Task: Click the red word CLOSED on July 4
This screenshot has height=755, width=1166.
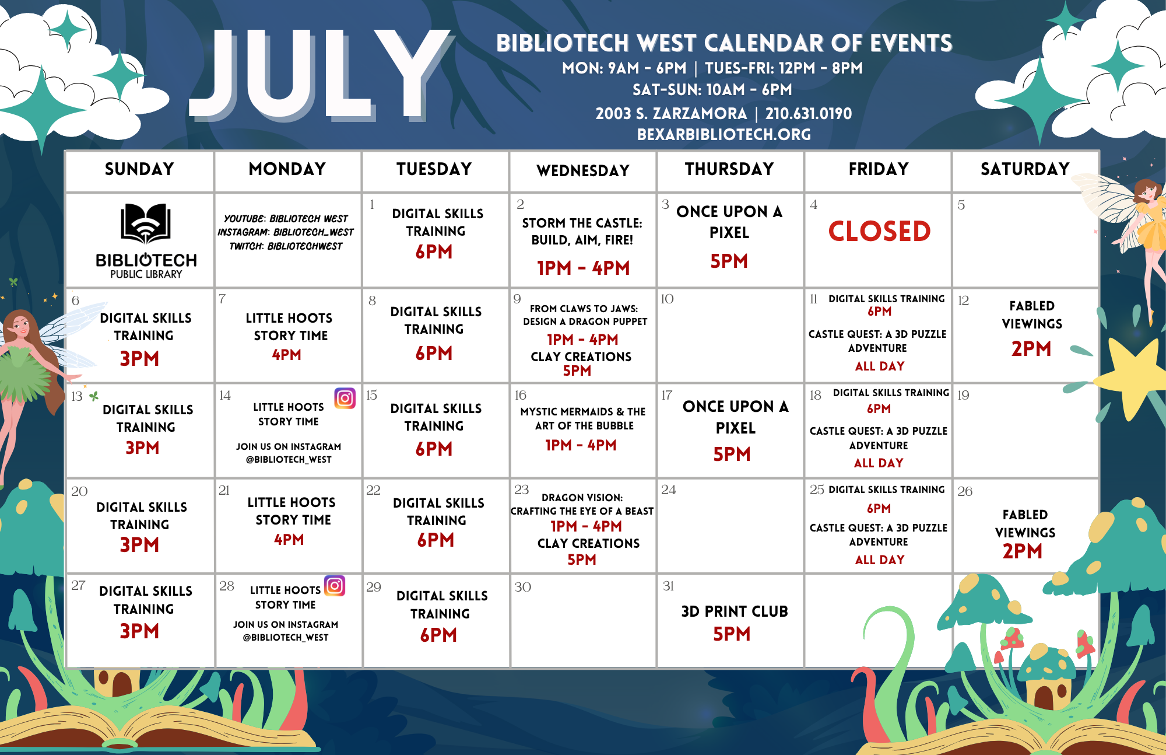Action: click(x=879, y=231)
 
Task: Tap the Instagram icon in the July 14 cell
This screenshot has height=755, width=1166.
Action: click(x=345, y=398)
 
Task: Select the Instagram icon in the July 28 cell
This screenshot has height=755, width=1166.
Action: click(x=335, y=585)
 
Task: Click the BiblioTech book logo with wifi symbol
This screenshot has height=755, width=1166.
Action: click(x=146, y=223)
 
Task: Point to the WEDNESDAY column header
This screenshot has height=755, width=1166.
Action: click(x=583, y=170)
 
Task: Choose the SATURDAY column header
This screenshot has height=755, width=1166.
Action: click(x=1025, y=169)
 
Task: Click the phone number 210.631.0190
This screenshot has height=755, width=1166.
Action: click(x=809, y=113)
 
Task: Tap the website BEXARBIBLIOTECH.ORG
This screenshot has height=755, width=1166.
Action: click(x=724, y=134)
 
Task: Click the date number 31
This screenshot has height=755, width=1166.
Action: click(x=668, y=586)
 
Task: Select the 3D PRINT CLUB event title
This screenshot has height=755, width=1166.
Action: click(x=735, y=611)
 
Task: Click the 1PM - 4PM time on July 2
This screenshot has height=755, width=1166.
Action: click(x=583, y=268)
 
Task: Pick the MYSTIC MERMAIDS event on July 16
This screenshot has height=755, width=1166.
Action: click(x=583, y=418)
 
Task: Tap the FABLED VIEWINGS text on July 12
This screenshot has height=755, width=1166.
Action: click(x=1032, y=314)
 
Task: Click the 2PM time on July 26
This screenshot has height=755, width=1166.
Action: click(x=1022, y=551)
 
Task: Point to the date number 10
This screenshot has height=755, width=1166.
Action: click(x=667, y=299)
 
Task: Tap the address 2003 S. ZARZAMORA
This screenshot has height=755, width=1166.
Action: click(x=671, y=113)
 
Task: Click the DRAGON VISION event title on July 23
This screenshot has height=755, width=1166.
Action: click(x=582, y=504)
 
